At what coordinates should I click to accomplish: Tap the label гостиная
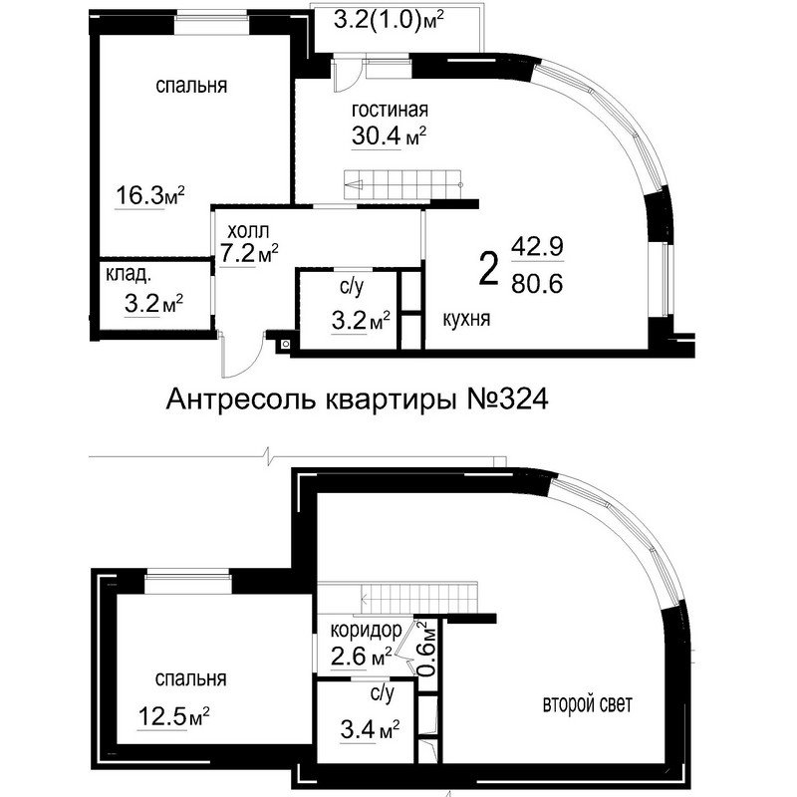pos(390,110)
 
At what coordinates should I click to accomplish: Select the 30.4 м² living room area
pos(389,135)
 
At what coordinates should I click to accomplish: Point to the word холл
pos(248,232)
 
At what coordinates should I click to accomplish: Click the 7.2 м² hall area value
pos(249,253)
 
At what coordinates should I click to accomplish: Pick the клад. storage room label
pos(129,275)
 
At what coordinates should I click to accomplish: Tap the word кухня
pos(466,319)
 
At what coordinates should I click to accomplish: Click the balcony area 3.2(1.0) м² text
pos(389,21)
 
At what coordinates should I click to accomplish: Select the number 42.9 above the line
pos(537,247)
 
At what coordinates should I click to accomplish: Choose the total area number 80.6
pos(537,284)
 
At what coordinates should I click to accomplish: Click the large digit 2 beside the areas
pos(489,270)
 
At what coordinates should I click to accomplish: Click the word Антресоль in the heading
pos(240,400)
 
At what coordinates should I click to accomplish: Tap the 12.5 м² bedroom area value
pos(173,717)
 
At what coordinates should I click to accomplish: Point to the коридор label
pos(366,631)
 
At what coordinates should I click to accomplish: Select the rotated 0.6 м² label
pos(428,650)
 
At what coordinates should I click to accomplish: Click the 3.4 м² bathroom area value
pos(370,731)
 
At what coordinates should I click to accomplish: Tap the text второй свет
pos(588,704)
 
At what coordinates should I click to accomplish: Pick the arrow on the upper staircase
pos(354,185)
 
